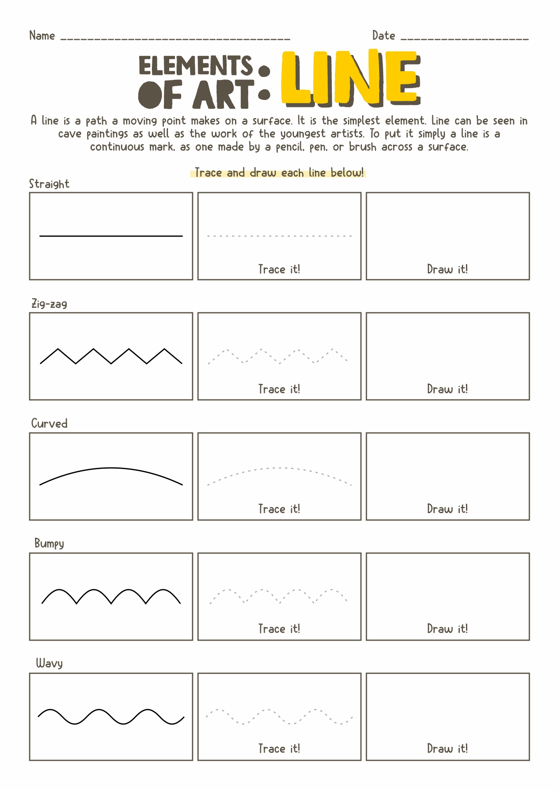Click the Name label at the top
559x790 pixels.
pos(42,36)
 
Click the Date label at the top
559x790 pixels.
pos(383,36)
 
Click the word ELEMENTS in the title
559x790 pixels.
pos(195,66)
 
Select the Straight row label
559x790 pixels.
pos(49,184)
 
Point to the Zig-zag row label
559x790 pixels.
pos(49,304)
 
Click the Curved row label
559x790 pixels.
pos(49,423)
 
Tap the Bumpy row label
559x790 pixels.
pos(49,544)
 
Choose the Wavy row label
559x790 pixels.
pos(49,663)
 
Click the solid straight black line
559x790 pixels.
pos(111,236)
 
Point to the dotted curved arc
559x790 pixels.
pos(279,468)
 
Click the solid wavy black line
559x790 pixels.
pos(111,716)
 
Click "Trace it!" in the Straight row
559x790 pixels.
pos(279,270)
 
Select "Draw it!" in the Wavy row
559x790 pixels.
pos(447,748)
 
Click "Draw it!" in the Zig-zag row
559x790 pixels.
pos(447,389)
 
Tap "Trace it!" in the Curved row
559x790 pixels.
pos(279,509)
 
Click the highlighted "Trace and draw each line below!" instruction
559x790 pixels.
pos(279,173)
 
